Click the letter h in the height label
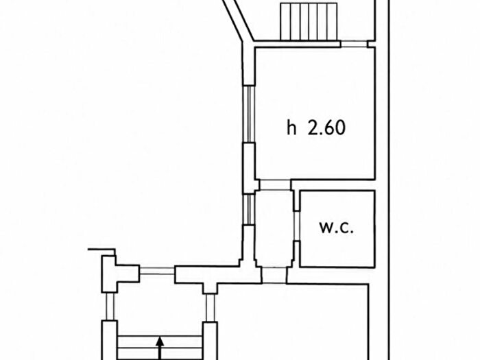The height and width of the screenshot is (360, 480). [291, 128]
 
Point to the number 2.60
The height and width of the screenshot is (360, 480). [326, 128]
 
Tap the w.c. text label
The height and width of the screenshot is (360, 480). [337, 228]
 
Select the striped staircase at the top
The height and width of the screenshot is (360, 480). [309, 21]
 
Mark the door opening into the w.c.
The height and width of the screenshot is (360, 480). [296, 226]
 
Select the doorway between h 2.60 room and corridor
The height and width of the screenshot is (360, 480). [275, 185]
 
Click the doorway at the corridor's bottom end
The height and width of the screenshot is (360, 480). [274, 275]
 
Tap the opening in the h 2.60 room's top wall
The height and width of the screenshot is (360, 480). [355, 44]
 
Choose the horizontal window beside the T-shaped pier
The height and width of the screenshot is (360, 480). [157, 271]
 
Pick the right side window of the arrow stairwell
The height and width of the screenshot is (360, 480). [210, 308]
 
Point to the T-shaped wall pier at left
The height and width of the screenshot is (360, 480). [119, 274]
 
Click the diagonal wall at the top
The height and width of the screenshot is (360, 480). [238, 20]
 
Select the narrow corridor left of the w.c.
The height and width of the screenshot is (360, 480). [274, 228]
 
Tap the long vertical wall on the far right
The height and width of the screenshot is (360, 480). [389, 180]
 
